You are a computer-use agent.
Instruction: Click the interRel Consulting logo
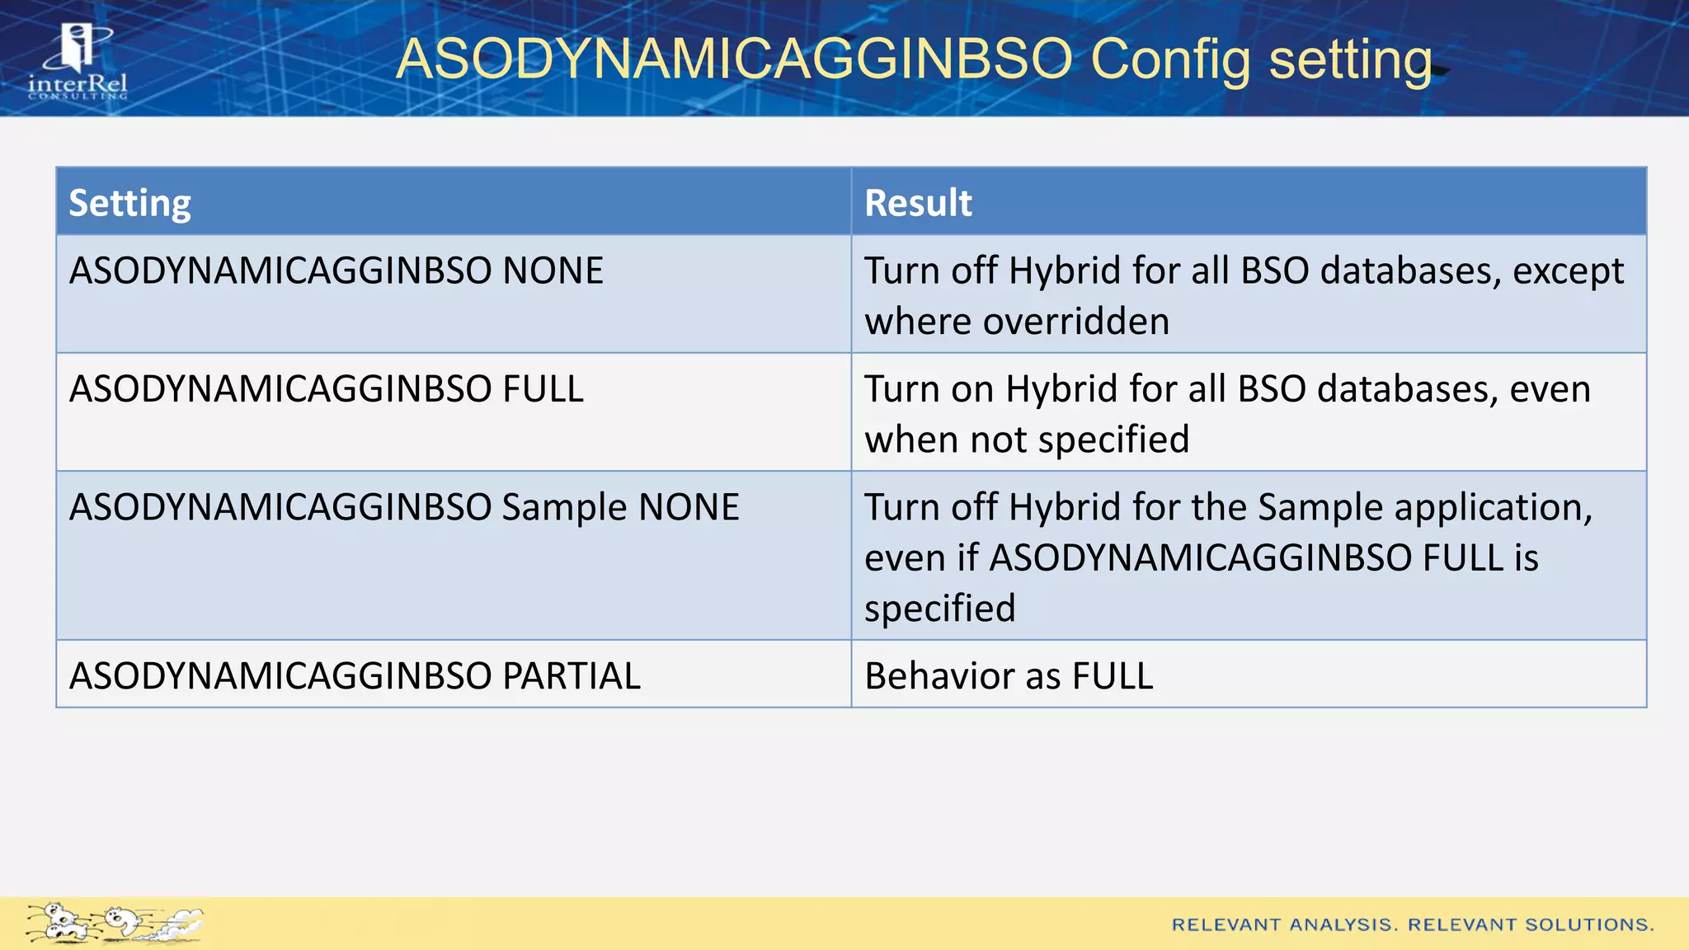pos(78,62)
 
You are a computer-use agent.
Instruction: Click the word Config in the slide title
pos(1170,59)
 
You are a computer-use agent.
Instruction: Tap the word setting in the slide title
pos(1350,61)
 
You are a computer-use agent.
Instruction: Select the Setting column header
pos(129,203)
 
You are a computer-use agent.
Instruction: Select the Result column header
pos(918,203)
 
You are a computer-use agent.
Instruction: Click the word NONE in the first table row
pos(553,271)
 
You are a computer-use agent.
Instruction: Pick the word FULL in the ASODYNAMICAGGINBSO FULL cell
pos(543,389)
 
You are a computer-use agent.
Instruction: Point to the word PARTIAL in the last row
pos(572,676)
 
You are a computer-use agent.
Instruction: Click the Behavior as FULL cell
pos(1008,676)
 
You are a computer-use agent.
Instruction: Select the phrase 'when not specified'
pos(1026,440)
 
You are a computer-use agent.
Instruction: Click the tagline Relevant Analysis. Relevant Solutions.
pos(1412,924)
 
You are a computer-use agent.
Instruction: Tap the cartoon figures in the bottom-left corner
pos(114,922)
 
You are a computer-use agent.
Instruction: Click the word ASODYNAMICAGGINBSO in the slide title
pos(734,59)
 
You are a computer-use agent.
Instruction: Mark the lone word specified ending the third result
pos(939,609)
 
